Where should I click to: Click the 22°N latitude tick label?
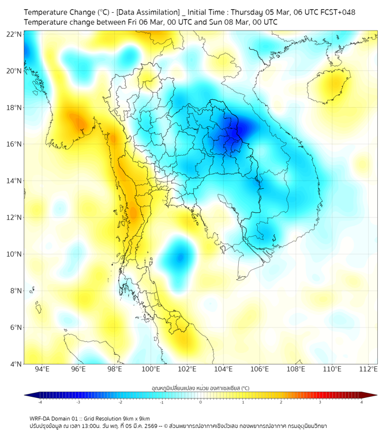point(14,34)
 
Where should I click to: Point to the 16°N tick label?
point(14,144)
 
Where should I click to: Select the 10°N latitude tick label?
point(14,254)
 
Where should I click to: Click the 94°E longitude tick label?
point(42,370)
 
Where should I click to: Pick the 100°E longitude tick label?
point(151,370)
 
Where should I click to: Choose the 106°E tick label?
point(260,370)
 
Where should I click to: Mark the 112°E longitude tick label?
point(368,370)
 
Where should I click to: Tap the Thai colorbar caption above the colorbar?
point(200,388)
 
